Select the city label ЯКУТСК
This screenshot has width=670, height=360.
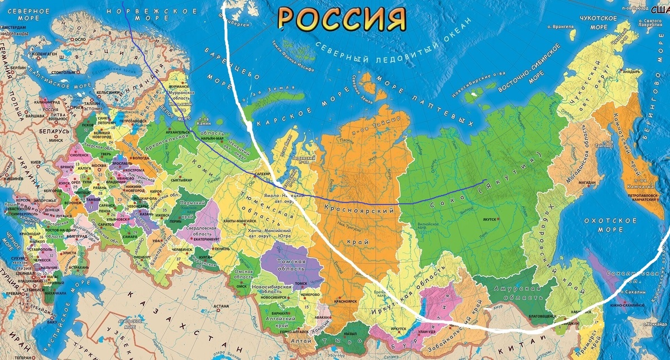(x=491, y=220)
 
